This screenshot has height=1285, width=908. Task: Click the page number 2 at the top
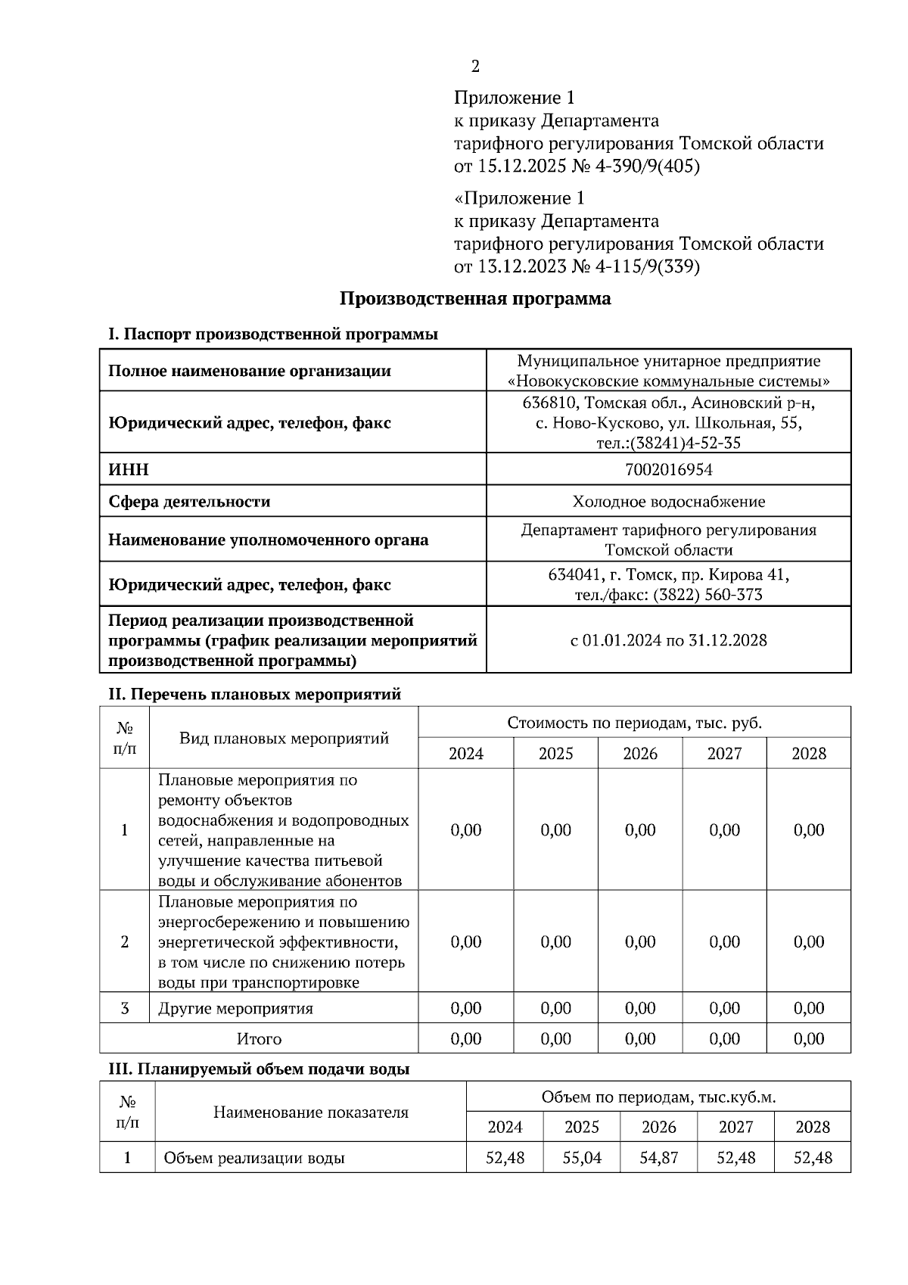coord(475,67)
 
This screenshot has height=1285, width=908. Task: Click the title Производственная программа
coord(474,298)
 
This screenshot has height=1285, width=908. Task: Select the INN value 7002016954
coord(668,470)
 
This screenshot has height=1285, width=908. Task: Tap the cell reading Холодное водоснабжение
coord(668,502)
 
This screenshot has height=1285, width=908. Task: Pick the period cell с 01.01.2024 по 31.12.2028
coord(668,640)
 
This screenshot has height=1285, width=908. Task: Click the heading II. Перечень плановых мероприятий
coord(255,694)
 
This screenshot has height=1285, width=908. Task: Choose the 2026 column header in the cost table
coord(640,754)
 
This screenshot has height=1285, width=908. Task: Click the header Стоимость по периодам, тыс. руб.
coord(634,723)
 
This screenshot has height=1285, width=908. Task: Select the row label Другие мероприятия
coord(235,1008)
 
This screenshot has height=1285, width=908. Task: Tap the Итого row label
coord(259,1039)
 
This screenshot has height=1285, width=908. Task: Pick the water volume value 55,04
coord(581,1158)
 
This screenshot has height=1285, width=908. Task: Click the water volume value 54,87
coord(658,1158)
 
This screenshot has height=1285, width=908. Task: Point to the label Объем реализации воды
coord(254,1158)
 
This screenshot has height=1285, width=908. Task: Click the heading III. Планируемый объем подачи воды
coord(260,1069)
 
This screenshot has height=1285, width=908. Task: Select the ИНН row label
coord(129,470)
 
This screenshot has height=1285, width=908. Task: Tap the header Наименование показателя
coord(310,1112)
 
